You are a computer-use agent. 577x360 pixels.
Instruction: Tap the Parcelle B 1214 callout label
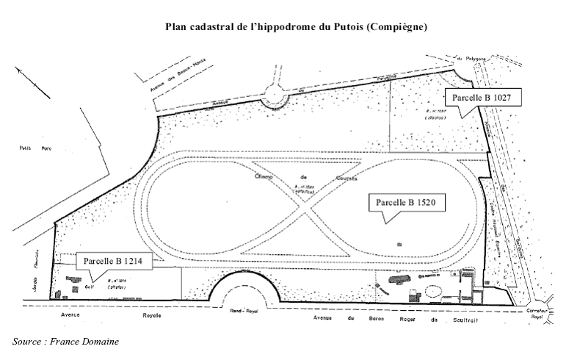(112, 259)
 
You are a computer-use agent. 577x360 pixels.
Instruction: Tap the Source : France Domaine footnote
(65, 342)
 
